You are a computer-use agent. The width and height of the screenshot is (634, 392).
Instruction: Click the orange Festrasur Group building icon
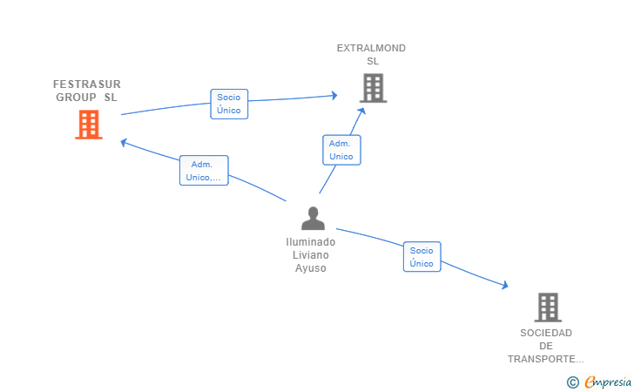tap(89, 125)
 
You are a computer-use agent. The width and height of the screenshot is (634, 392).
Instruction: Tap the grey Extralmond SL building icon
tap(374, 88)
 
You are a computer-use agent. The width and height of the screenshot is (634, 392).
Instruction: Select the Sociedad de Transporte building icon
tap(548, 308)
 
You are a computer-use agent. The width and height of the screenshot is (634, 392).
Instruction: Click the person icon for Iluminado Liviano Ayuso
tap(313, 219)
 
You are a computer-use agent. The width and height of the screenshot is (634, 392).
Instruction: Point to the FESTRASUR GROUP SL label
tap(87, 91)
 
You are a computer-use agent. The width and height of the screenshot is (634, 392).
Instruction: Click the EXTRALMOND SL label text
tap(371, 55)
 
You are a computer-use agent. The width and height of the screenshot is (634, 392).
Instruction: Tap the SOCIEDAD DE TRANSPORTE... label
tap(546, 346)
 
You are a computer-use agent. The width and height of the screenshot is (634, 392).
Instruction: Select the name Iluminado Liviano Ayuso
tap(311, 255)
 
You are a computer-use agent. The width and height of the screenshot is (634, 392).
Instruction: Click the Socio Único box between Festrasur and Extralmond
tap(229, 104)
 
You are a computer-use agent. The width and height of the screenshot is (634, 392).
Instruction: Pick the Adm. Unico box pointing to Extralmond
tap(341, 150)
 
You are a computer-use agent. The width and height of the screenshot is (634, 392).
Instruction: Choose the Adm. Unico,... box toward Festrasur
tap(204, 171)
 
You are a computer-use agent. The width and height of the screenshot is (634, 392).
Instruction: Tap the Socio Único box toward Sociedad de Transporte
tap(422, 257)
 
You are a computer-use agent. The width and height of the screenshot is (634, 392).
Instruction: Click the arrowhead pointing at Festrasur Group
tap(124, 142)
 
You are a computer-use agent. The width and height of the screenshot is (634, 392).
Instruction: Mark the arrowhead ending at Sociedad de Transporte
tap(505, 285)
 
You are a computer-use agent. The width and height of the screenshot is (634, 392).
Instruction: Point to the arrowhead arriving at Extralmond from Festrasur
tap(334, 96)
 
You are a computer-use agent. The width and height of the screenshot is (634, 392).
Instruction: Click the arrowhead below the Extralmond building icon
tap(362, 112)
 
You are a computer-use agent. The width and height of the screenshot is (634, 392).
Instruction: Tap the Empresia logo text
tap(608, 382)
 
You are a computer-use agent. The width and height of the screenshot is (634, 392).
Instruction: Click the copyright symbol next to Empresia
tap(572, 382)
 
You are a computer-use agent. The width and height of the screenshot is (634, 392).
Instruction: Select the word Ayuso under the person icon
tap(311, 268)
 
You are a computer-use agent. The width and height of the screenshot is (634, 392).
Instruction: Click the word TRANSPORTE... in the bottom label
tap(546, 359)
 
